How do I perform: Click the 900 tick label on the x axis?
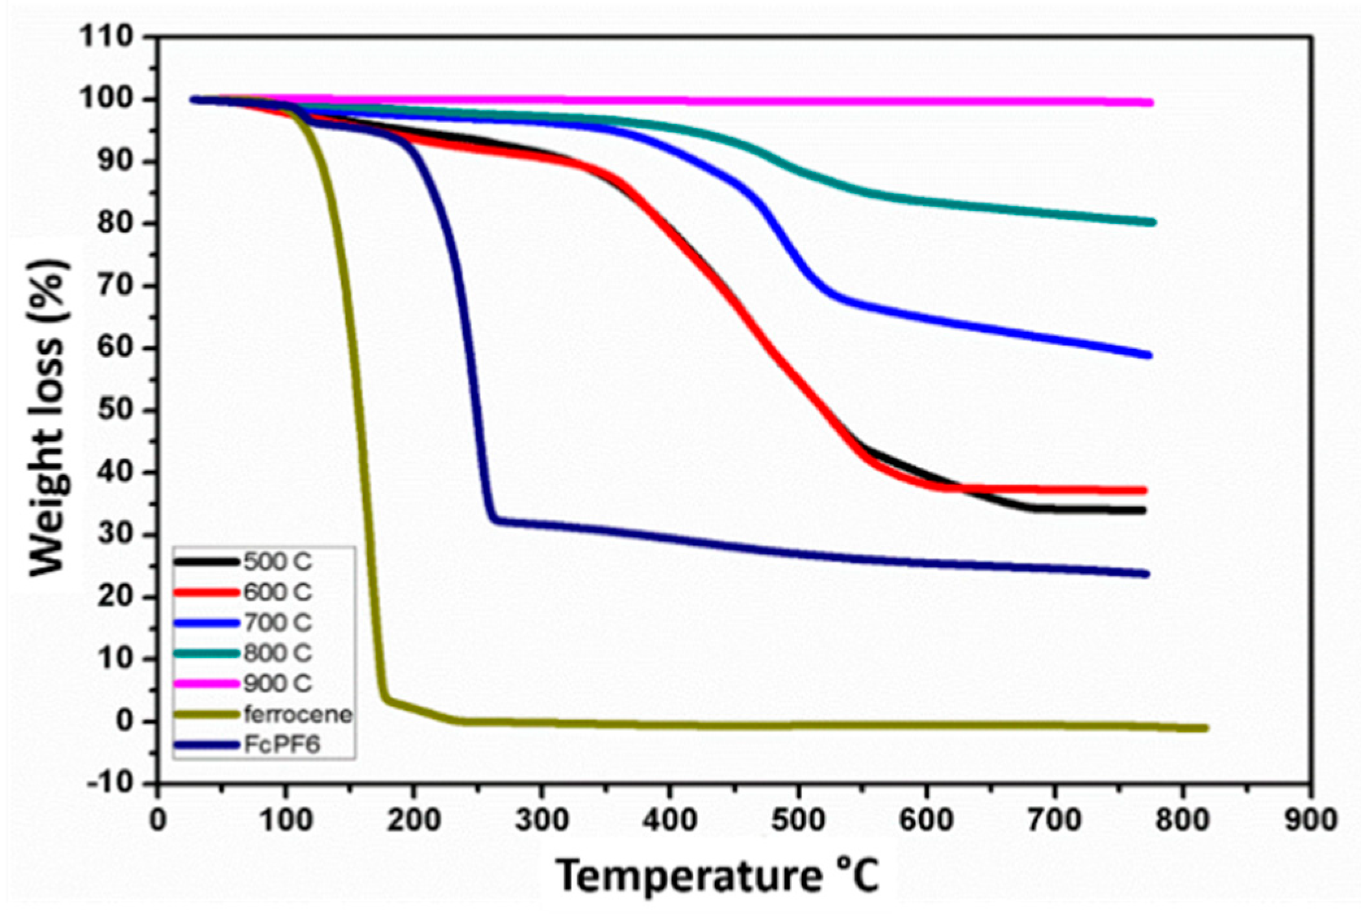pos(1310,820)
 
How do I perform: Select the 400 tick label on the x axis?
pos(669,820)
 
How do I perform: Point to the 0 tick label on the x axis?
pos(158,820)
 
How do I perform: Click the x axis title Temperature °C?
pos(718,876)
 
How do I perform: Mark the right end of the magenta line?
pos(1151,103)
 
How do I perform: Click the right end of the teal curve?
pos(1153,222)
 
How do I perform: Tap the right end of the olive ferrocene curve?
pos(1205,728)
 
